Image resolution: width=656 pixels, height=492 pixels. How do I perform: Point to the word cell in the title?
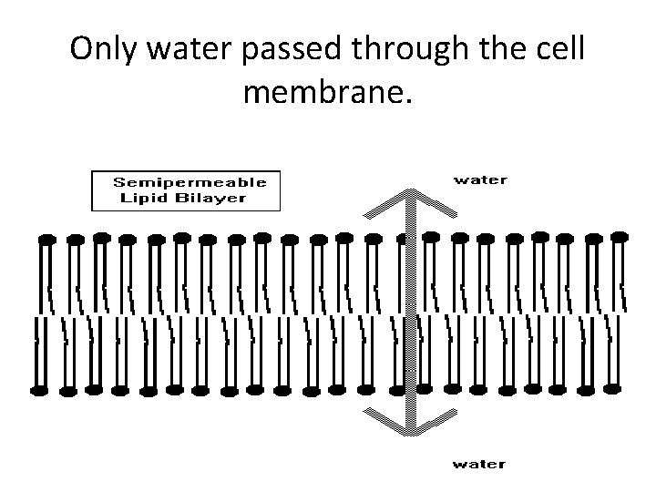tap(558, 50)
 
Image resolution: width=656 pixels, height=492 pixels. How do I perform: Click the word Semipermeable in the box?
tap(190, 182)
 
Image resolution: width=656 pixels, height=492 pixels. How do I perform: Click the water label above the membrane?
tap(480, 179)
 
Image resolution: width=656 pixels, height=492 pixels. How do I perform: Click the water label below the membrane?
tap(480, 464)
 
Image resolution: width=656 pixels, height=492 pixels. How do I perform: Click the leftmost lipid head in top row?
tap(47, 240)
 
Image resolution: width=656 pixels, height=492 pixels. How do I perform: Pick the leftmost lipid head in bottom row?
tap(39, 391)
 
